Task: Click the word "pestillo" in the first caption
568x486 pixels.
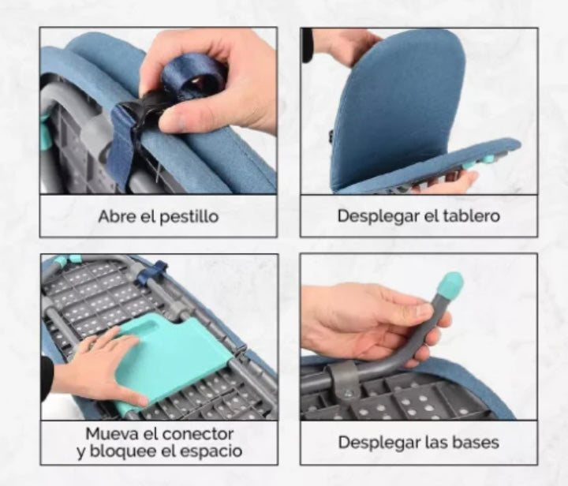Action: point(189,217)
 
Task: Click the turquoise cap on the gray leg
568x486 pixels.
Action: point(450,285)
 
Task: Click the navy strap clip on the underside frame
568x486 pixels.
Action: point(151,271)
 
